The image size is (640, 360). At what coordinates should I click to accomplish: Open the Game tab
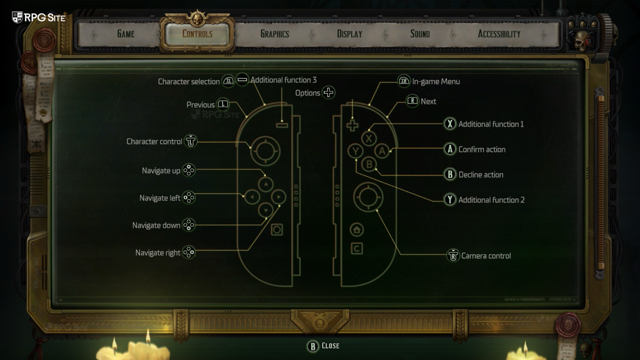(126, 34)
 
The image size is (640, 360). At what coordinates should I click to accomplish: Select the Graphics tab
(274, 34)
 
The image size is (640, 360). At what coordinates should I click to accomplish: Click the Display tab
(349, 34)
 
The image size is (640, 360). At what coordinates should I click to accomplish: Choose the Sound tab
(420, 34)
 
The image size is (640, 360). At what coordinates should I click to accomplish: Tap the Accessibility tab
(499, 34)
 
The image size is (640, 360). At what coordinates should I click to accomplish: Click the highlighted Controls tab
(197, 34)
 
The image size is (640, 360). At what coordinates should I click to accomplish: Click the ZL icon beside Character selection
(228, 81)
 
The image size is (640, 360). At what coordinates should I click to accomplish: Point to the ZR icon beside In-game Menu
(404, 81)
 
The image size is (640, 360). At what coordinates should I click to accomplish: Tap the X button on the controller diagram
(369, 139)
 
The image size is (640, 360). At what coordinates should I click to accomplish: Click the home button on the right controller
(357, 230)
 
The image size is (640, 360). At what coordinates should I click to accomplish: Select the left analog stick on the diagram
(265, 151)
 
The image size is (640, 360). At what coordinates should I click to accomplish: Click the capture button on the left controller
(277, 230)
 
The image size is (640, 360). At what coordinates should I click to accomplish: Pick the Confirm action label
(482, 149)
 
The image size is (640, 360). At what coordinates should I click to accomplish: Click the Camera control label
(486, 256)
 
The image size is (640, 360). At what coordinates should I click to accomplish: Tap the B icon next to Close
(313, 346)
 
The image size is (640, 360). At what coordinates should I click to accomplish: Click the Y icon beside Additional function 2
(450, 200)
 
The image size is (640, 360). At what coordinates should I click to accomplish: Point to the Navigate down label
(156, 225)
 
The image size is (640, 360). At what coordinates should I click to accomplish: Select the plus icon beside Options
(328, 92)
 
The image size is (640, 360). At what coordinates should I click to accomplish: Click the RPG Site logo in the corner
(39, 17)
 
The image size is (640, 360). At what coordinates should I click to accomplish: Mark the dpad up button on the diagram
(266, 184)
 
